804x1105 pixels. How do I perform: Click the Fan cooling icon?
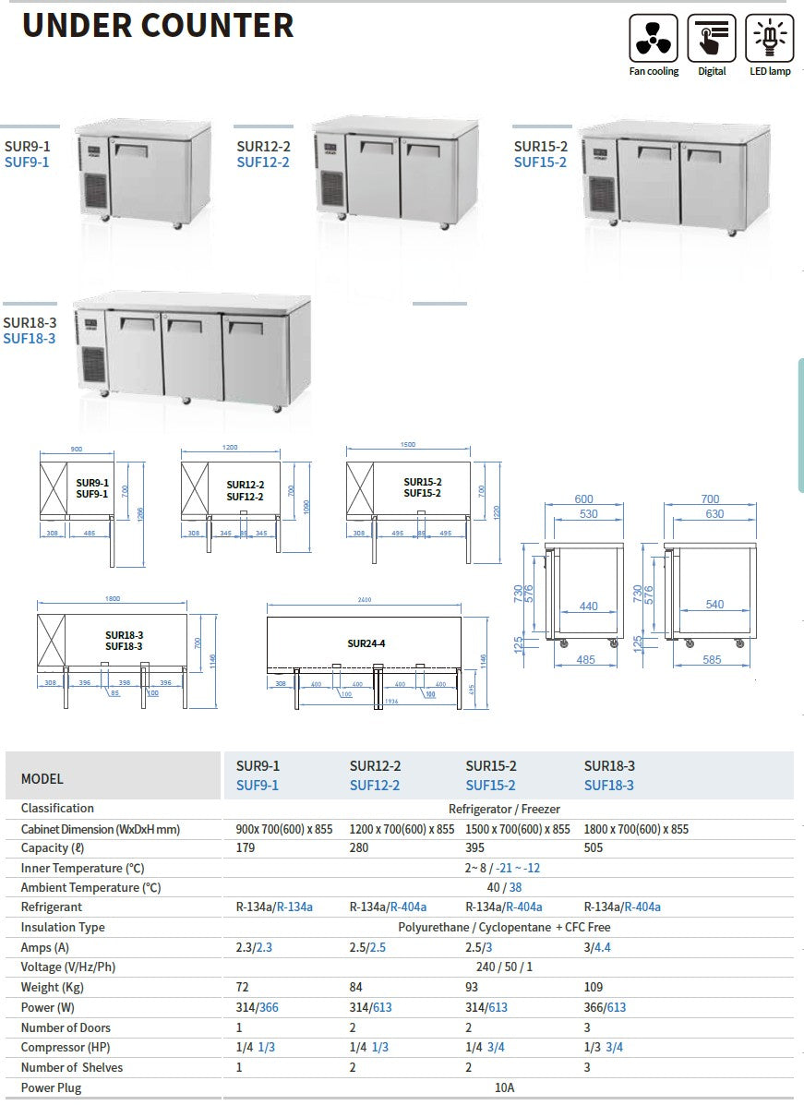pyautogui.click(x=653, y=39)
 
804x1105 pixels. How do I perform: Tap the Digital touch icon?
pyautogui.click(x=712, y=39)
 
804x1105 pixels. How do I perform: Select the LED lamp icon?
pyautogui.click(x=768, y=39)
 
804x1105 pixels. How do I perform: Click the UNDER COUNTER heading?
pyautogui.click(x=158, y=25)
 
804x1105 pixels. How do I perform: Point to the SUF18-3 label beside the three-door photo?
pyautogui.click(x=30, y=339)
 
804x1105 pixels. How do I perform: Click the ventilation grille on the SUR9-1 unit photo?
pyautogui.click(x=96, y=191)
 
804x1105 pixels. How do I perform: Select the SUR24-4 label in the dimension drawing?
pyautogui.click(x=366, y=643)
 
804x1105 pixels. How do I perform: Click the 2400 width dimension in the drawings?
pyautogui.click(x=364, y=600)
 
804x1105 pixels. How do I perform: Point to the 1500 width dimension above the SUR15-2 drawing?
pyautogui.click(x=408, y=445)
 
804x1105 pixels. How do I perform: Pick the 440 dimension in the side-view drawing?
pyautogui.click(x=588, y=607)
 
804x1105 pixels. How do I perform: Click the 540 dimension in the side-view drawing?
pyautogui.click(x=714, y=605)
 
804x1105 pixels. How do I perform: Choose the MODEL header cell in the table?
pyautogui.click(x=42, y=778)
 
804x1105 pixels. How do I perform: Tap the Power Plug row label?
pyautogui.click(x=51, y=1087)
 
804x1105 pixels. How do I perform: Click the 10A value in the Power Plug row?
pyautogui.click(x=504, y=1087)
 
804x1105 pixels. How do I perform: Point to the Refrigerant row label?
pyautogui.click(x=53, y=907)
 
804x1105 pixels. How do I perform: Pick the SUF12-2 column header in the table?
pyautogui.click(x=375, y=786)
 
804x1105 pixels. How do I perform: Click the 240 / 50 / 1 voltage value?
pyautogui.click(x=504, y=967)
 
